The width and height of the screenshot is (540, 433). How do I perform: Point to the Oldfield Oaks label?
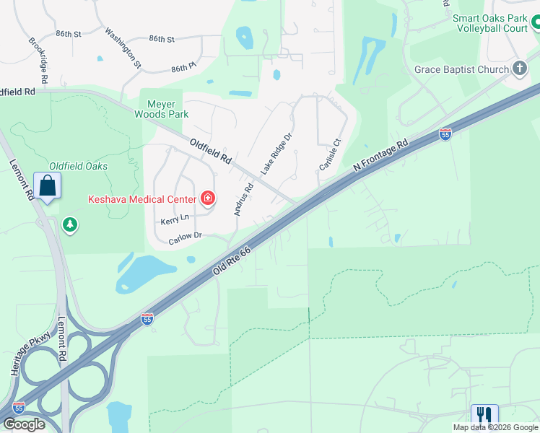pyautogui.click(x=78, y=166)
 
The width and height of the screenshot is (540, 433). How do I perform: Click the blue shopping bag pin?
pyautogui.click(x=47, y=185)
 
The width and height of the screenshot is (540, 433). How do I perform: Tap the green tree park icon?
pyautogui.click(x=70, y=225)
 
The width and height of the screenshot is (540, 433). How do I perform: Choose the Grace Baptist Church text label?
pyautogui.click(x=461, y=70)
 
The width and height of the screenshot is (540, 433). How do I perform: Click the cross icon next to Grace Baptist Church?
pyautogui.click(x=519, y=69)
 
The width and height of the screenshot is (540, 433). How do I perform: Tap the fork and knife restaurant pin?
pyautogui.click(x=484, y=416)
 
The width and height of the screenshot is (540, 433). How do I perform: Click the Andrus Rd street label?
pyautogui.click(x=244, y=199)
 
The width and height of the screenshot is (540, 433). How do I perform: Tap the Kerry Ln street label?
pyautogui.click(x=175, y=218)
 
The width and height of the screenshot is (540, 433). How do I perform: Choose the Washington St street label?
pyautogui.click(x=123, y=48)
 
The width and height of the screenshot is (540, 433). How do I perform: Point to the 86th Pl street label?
pyautogui.click(x=184, y=68)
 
